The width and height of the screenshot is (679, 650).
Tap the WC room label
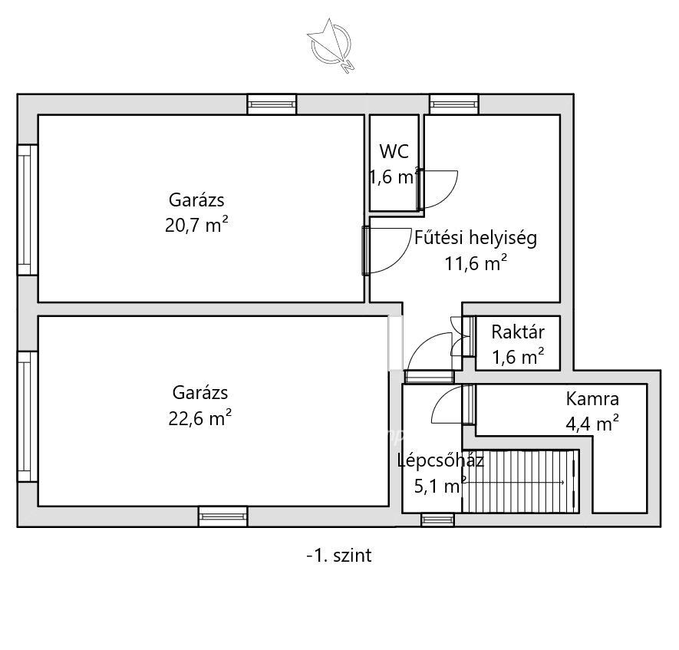click(394, 152)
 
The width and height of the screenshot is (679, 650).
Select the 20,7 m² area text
click(196, 225)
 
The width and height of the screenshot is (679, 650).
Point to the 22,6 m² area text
click(199, 418)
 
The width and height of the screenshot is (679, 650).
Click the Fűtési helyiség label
click(476, 238)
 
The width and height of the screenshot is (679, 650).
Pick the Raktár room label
click(518, 332)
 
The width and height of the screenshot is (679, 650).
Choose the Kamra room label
click(592, 399)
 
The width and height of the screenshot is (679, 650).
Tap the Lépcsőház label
click(440, 460)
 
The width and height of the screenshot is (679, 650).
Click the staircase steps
click(520, 481)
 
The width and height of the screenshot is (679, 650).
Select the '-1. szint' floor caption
click(339, 556)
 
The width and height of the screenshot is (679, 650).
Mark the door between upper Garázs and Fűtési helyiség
click(366, 251)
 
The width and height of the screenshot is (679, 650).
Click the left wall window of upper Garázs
click(28, 210)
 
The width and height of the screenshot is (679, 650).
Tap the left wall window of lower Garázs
click(28, 417)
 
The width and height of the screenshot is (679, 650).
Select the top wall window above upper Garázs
click(272, 104)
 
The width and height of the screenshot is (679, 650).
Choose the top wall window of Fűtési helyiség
click(454, 104)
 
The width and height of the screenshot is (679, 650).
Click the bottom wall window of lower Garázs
click(223, 516)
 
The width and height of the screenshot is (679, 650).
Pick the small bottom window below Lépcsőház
click(437, 520)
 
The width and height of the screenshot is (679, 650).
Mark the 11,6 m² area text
click(476, 263)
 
